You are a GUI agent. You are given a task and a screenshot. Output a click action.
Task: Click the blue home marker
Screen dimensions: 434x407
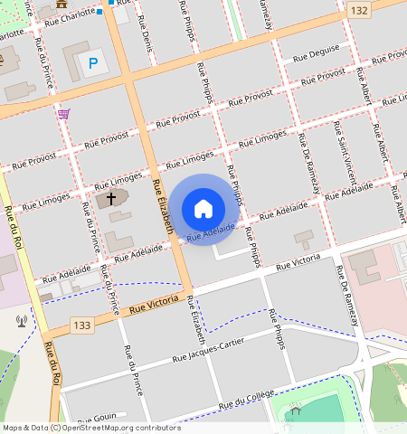click(x=203, y=209)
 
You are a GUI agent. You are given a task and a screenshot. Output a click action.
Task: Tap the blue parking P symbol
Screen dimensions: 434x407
click(x=92, y=64)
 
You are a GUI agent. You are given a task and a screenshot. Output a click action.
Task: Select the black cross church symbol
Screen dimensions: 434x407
click(x=112, y=197)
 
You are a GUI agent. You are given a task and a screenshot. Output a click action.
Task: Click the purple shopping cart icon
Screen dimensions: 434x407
click(x=63, y=114)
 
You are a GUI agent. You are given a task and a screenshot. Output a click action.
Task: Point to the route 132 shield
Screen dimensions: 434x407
click(x=360, y=10)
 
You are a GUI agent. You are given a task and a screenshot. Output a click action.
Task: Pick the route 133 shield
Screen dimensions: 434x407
click(x=82, y=325)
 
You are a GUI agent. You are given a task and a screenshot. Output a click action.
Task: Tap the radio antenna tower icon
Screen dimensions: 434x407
click(x=21, y=320)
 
